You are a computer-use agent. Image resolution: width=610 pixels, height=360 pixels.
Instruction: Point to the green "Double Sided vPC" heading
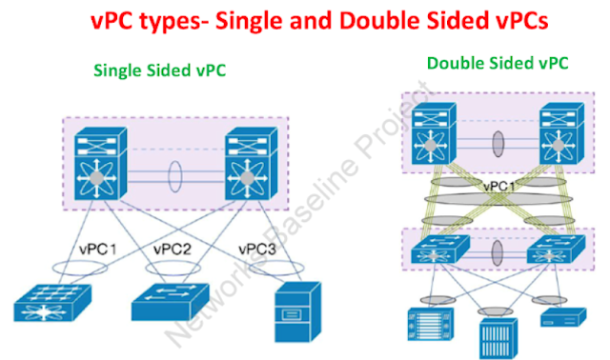pyautogui.click(x=498, y=64)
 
